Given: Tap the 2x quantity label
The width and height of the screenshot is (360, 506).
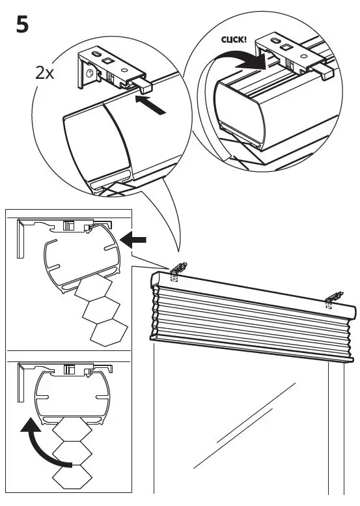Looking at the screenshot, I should tap(46, 72).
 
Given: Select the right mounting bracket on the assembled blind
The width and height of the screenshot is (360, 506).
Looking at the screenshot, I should tap(332, 298).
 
